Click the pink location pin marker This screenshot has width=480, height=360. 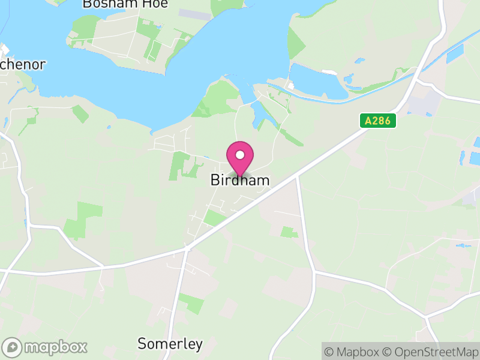tap(240, 158)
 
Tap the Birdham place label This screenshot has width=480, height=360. tap(240, 180)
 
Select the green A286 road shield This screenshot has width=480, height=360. tap(378, 121)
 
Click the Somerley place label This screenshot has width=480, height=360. tap(170, 344)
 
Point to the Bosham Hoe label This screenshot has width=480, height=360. tap(125, 4)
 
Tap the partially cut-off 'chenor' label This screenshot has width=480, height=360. tap(22, 65)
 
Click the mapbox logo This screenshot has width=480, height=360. tap(45, 347)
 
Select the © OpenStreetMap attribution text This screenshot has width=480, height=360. tap(430, 352)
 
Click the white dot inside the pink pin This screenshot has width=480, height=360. tap(240, 155)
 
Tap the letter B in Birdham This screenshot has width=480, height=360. tap(215, 180)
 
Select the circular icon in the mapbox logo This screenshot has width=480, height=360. tap(12, 347)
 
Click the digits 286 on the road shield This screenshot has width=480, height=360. tap(382, 121)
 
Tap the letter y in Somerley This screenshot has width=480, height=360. tap(199, 346)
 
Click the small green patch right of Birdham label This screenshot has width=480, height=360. tap(289, 231)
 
